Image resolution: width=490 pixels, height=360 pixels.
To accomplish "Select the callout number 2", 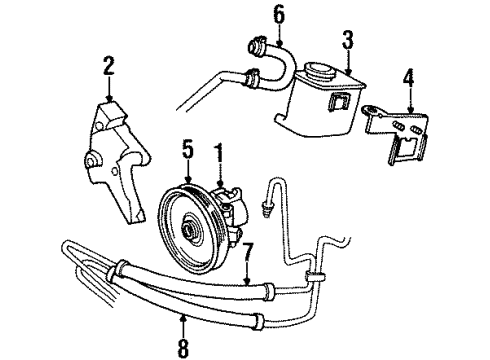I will click(x=109, y=67).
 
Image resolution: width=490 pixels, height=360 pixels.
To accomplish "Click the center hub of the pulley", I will click(x=187, y=231).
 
